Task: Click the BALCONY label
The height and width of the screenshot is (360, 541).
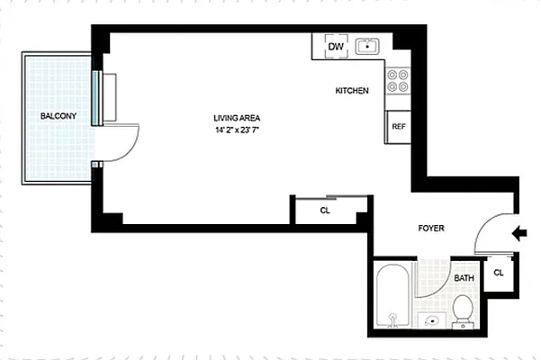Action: pyautogui.click(x=57, y=116)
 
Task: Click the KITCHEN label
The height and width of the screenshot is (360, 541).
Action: pyautogui.click(x=352, y=91)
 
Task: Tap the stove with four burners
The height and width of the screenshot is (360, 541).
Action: pyautogui.click(x=398, y=82)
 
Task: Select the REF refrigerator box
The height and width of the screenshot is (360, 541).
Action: pyautogui.click(x=399, y=127)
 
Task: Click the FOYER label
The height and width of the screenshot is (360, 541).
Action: pyautogui.click(x=432, y=229)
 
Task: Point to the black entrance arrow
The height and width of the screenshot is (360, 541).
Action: pyautogui.click(x=519, y=235)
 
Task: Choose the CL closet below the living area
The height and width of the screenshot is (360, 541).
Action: pyautogui.click(x=325, y=211)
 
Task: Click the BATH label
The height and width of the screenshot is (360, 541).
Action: pyautogui.click(x=464, y=278)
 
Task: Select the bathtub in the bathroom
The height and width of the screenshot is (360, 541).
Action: pyautogui.click(x=393, y=296)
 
